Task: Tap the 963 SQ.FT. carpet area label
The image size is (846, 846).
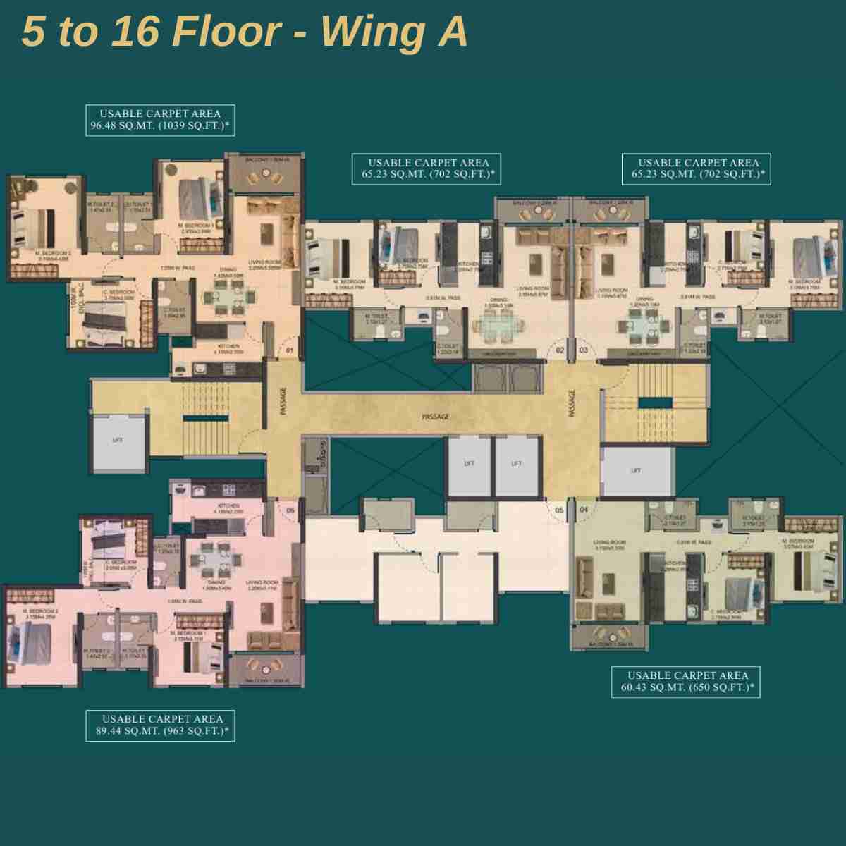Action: (160, 725)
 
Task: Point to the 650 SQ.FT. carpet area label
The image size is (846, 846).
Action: (686, 681)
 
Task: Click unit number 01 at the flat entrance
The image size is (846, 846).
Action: (288, 349)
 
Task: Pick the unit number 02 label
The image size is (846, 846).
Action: (560, 349)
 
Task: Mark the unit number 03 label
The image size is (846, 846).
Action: (584, 349)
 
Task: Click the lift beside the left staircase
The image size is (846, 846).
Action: (118, 441)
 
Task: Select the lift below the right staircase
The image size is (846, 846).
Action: (635, 470)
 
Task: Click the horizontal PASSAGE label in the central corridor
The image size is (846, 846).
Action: (435, 417)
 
